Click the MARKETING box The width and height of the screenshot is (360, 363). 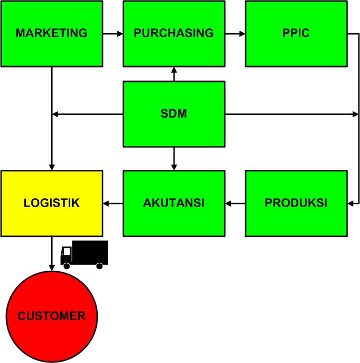(52, 33)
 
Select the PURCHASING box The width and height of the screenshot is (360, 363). (174, 33)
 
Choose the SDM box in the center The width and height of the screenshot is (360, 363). (174, 114)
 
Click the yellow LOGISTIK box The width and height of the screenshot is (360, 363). (52, 203)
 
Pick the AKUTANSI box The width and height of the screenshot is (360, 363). (174, 203)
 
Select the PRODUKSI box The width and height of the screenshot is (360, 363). (296, 203)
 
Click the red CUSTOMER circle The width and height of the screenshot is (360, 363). (52, 316)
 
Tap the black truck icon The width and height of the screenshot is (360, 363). (84, 254)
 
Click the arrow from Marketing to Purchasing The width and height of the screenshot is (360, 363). (113, 34)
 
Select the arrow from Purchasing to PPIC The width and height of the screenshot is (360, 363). (235, 34)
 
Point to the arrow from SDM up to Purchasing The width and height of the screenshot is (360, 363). (174, 74)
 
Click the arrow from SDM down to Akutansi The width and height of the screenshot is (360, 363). (174, 159)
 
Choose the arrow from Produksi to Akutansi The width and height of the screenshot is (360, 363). (235, 203)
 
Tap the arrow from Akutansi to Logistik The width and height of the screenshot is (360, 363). (113, 203)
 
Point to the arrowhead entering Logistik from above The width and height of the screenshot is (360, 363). (52, 167)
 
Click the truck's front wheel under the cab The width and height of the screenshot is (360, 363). (67, 266)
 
